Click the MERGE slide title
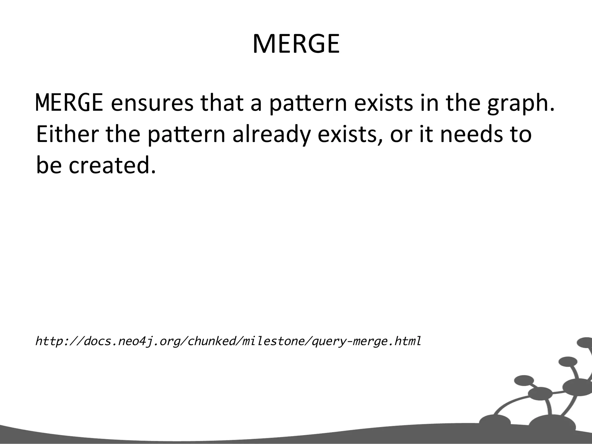[296, 44]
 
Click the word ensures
[152, 103]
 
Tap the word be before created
[49, 166]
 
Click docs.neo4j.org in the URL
[131, 341]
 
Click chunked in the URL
[212, 341]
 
